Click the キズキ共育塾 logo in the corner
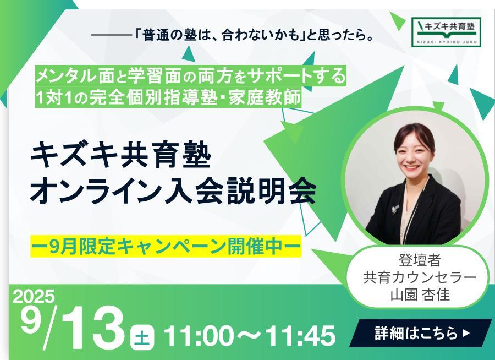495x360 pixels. pos(447,31)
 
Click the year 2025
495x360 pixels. pos(34,297)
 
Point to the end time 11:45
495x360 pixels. pos(300,336)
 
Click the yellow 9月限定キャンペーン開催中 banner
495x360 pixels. pos(166,247)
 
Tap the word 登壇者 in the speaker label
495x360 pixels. pos(420,261)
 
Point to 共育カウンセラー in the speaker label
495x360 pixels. pos(420,277)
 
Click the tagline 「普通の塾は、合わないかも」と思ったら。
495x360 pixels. pos(252,35)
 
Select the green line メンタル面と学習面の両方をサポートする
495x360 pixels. pos(191,76)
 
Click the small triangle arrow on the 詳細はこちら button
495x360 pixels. pos(466,333)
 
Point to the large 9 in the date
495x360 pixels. pos(31,319)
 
